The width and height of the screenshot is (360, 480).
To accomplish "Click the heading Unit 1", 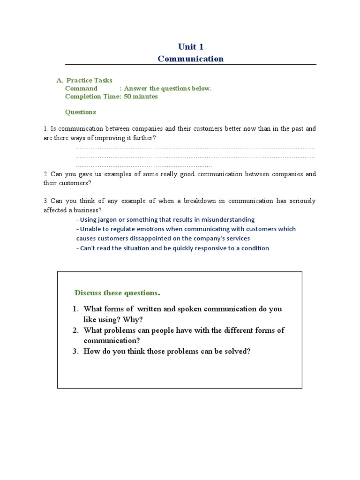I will click(191, 46).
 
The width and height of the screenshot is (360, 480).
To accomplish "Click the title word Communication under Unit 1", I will click(191, 59).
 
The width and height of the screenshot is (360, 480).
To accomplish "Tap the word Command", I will click(81, 88).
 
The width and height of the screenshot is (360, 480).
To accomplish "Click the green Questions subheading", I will click(80, 112).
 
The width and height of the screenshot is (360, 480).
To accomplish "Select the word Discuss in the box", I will click(88, 293).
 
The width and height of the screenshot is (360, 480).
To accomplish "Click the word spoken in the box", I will click(189, 309).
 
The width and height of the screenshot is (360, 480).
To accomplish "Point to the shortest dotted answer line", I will click(144, 166).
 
